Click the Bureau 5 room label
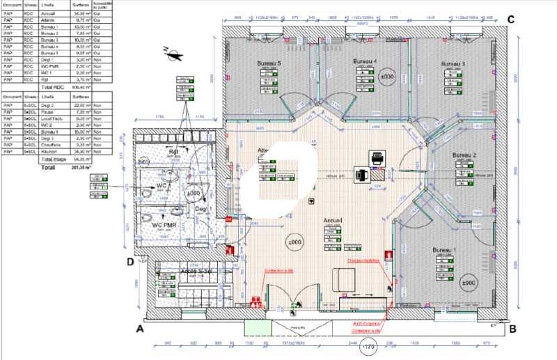[x=269, y=63]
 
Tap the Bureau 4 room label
[x=364, y=62]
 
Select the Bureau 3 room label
[x=453, y=65]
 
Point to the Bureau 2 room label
[x=464, y=155]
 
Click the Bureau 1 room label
[x=444, y=249]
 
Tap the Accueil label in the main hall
[x=334, y=220]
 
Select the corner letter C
[x=510, y=19]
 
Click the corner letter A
[x=140, y=329]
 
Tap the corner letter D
[x=130, y=262]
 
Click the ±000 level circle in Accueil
[x=295, y=242]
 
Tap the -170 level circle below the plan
[x=368, y=348]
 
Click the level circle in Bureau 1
[x=467, y=283]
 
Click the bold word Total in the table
[x=48, y=167]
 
